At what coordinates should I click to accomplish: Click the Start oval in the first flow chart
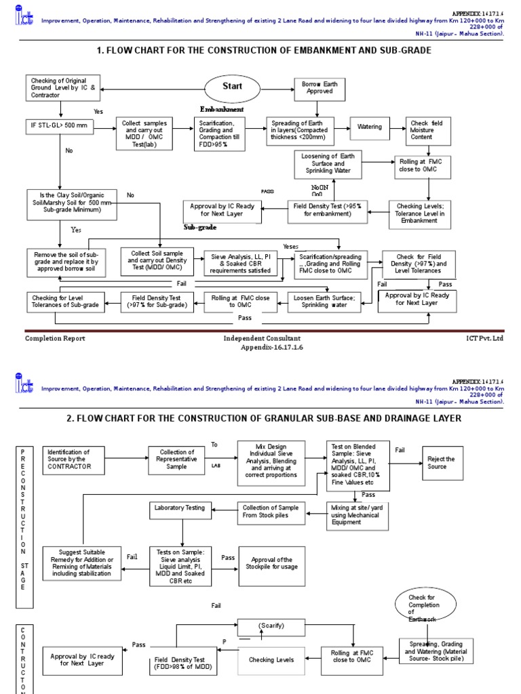pos(232,87)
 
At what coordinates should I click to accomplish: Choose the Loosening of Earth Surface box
pos(328,165)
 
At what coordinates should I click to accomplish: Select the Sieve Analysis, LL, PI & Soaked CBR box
pos(240,264)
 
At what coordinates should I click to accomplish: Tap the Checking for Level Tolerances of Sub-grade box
pos(66,301)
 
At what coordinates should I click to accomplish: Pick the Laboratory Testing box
pos(180,508)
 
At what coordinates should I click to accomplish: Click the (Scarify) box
pos(271,626)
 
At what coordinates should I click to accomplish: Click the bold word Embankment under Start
pos(221,109)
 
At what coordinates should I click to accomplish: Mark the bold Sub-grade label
pos(199,228)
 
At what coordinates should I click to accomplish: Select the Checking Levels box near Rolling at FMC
pos(271,659)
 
